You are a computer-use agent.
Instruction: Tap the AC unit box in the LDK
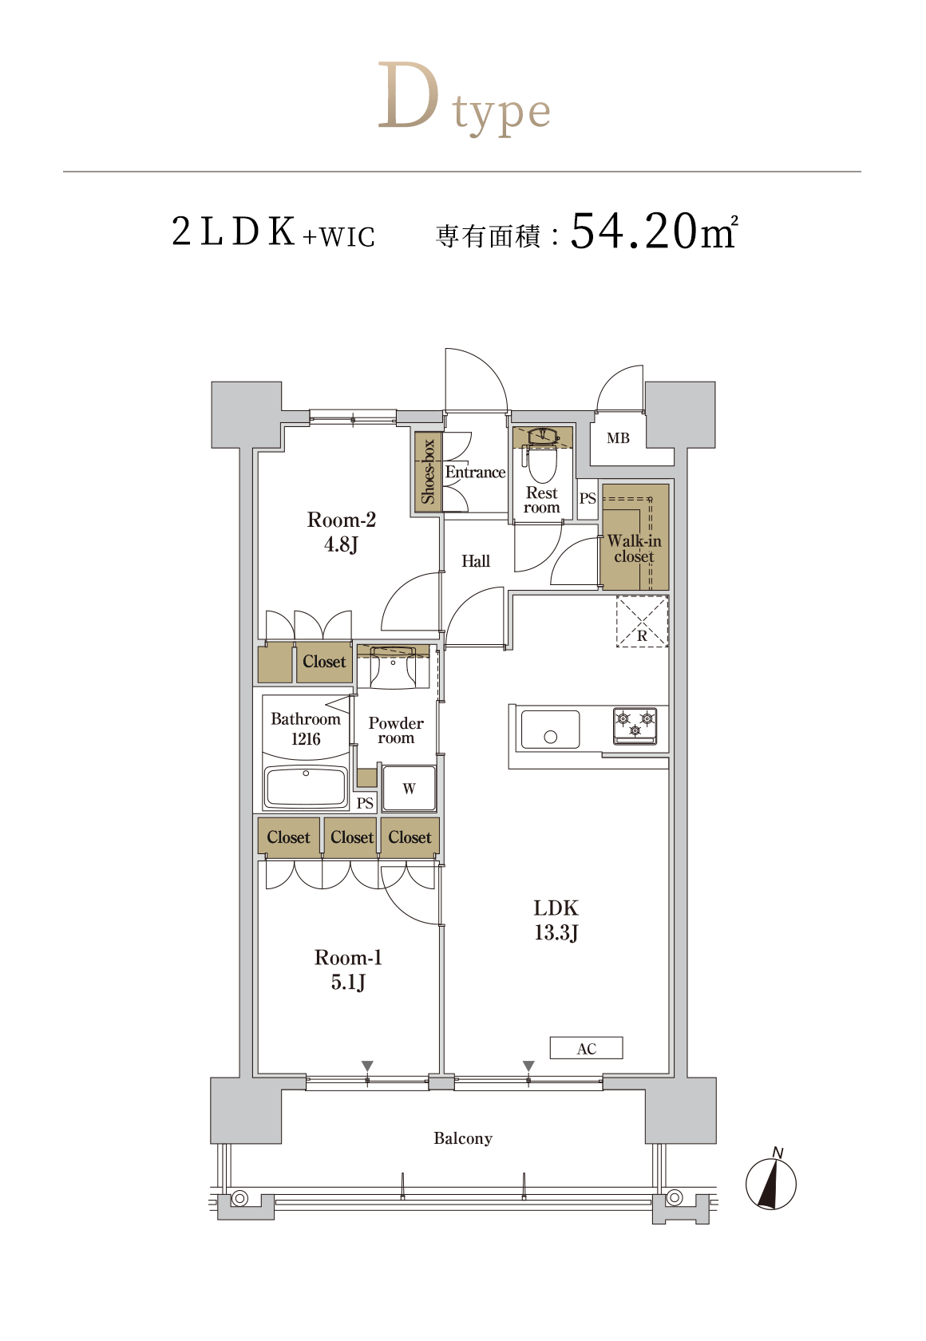pyautogui.click(x=586, y=1047)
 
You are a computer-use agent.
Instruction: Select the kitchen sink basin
pyautogui.click(x=550, y=730)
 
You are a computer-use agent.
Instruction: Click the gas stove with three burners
pyautogui.click(x=635, y=726)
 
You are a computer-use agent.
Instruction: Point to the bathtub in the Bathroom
pyautogui.click(x=306, y=786)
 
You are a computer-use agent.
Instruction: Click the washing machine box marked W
pyautogui.click(x=409, y=789)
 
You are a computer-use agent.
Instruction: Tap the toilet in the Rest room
pyautogui.click(x=542, y=455)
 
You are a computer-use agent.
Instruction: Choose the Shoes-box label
pyautogui.click(x=427, y=472)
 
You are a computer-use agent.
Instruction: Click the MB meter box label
pyautogui.click(x=618, y=438)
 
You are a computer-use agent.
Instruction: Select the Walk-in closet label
pyautogui.click(x=634, y=548)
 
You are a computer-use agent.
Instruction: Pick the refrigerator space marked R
pyautogui.click(x=643, y=621)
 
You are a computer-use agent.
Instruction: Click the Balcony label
pyautogui.click(x=463, y=1138)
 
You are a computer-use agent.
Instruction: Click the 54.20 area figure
pyautogui.click(x=633, y=231)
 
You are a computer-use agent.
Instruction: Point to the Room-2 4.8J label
pyautogui.click(x=341, y=532)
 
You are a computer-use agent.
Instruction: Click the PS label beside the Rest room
pyautogui.click(x=588, y=498)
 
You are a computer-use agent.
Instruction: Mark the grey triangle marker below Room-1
pyautogui.click(x=367, y=1066)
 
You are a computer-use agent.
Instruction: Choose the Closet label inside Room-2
pyautogui.click(x=324, y=662)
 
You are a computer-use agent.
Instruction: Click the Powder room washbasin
pyautogui.click(x=394, y=665)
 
